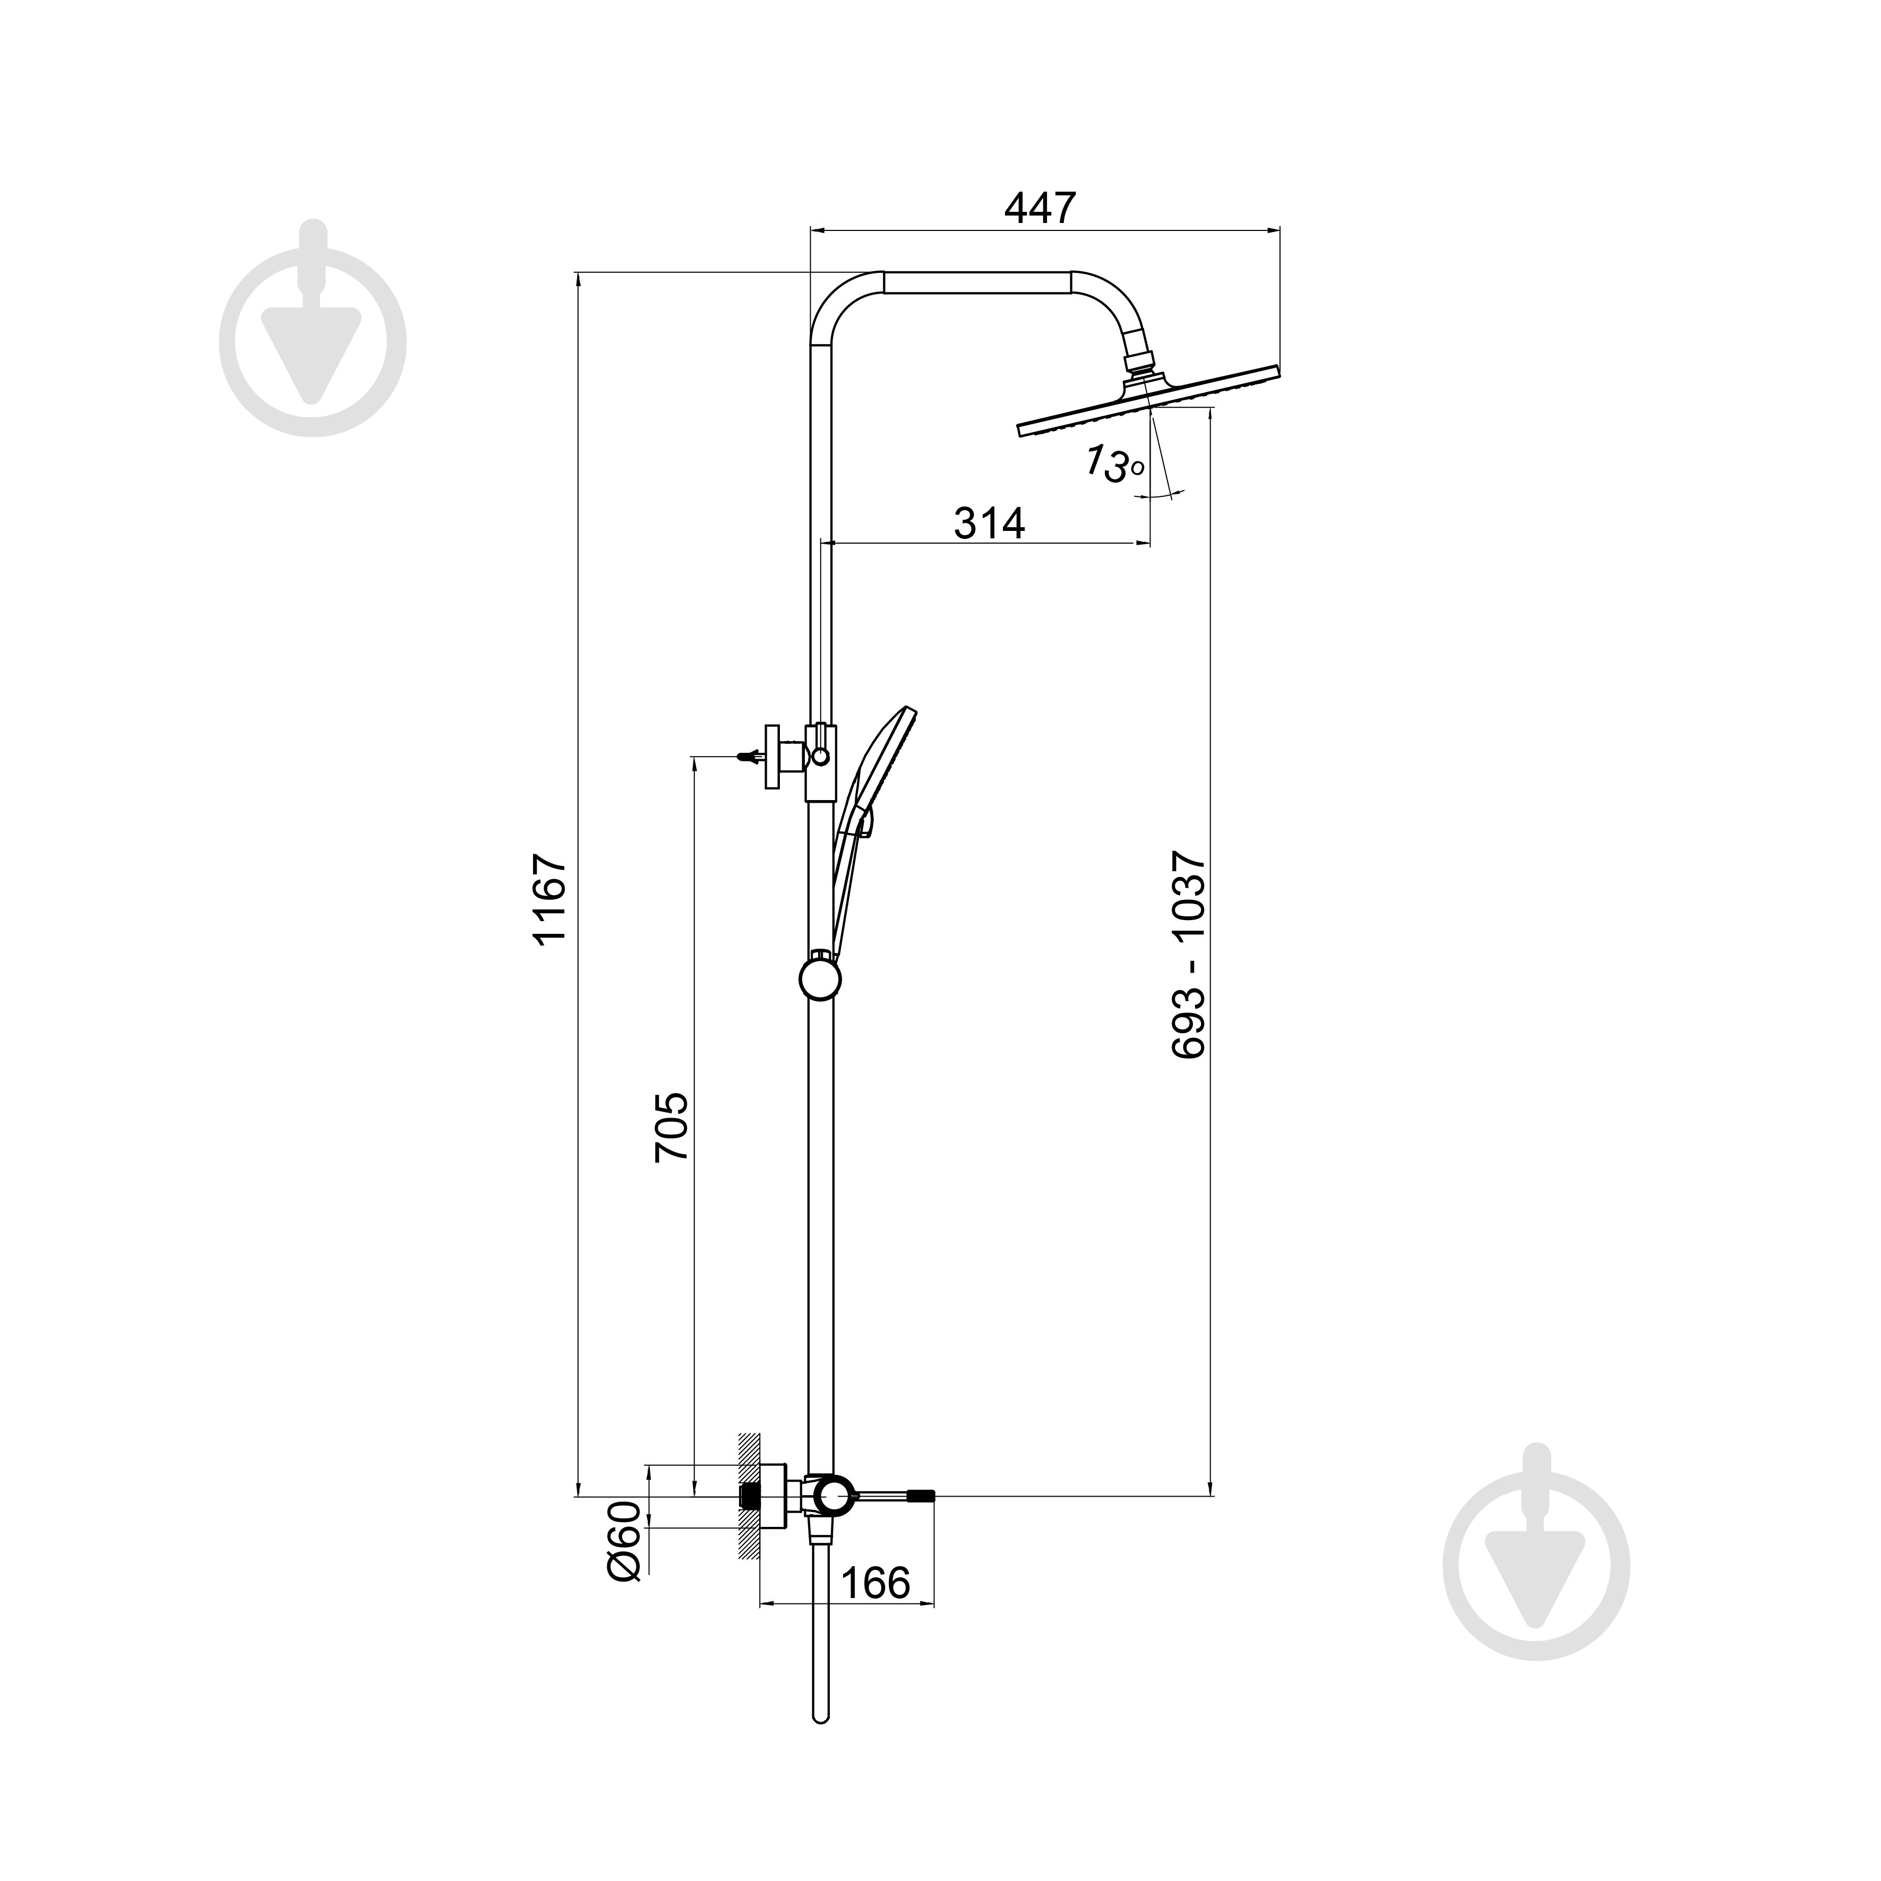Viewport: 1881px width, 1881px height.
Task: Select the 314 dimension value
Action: [x=989, y=524]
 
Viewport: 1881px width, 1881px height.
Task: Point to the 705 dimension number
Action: [x=672, y=1126]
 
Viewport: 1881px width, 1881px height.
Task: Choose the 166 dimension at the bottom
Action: [x=874, y=1583]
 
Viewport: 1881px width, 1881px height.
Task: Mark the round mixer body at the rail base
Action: [x=832, y=1521]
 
